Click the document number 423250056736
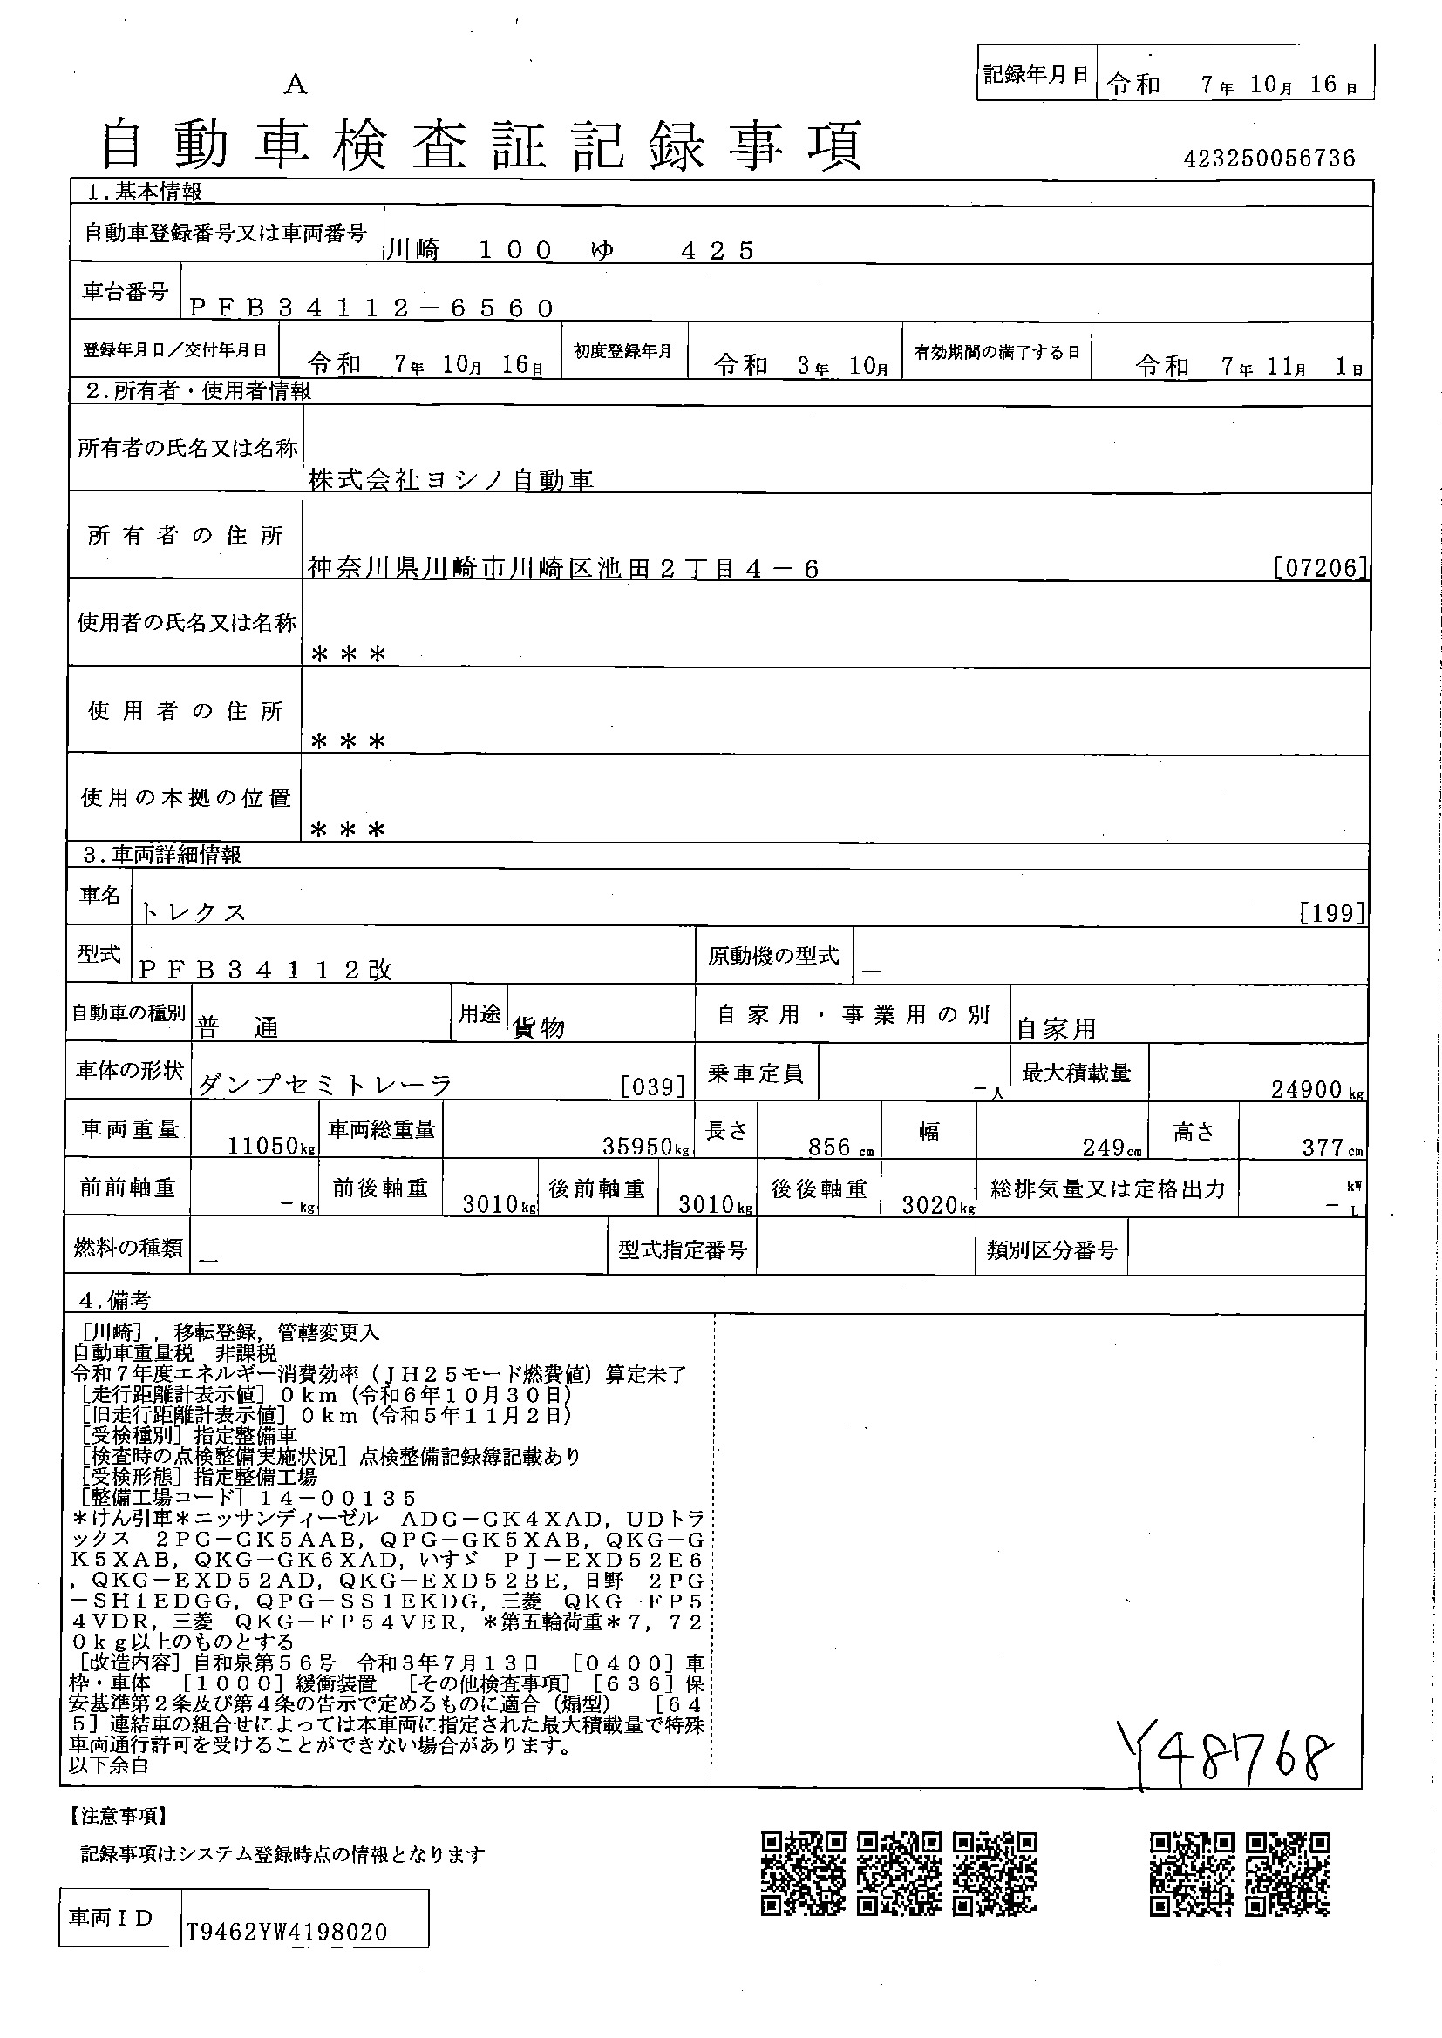point(1269,159)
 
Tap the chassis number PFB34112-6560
point(372,308)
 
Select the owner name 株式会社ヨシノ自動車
point(451,480)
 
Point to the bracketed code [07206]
point(1320,567)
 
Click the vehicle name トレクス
point(193,912)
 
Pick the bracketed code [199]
point(1331,912)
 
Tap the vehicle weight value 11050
point(262,1146)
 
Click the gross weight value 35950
point(636,1146)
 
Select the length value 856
point(829,1147)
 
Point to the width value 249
point(1104,1147)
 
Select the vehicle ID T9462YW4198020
point(287,1933)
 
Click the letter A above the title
point(296,85)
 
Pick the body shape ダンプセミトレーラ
point(325,1085)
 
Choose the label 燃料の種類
point(128,1248)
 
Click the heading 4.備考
point(114,1300)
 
